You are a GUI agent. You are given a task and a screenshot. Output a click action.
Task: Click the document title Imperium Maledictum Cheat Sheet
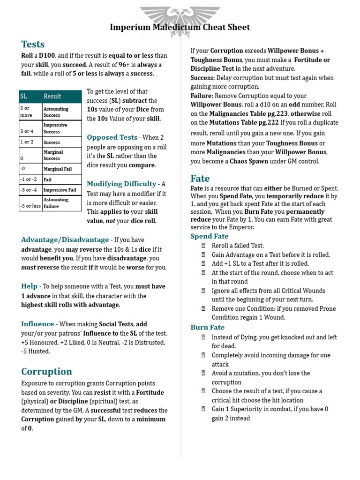(180, 27)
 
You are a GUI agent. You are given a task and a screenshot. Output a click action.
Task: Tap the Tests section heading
(33, 45)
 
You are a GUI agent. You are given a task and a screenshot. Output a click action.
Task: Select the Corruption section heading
(46, 371)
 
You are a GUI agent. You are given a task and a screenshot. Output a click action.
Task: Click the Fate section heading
(200, 179)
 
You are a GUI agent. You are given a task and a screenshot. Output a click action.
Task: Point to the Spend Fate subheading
(210, 236)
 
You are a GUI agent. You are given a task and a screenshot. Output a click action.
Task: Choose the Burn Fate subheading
(208, 327)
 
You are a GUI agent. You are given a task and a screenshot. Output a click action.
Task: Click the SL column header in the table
(24, 96)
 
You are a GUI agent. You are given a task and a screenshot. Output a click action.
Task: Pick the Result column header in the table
(52, 96)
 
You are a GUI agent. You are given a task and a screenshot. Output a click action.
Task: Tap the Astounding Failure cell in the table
(56, 202)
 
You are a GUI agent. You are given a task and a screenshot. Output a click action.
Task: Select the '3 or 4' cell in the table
(27, 131)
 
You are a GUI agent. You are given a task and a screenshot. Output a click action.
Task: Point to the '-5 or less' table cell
(30, 206)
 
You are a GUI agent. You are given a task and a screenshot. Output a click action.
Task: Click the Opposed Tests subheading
(112, 137)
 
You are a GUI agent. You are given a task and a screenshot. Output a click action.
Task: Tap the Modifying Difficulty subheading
(121, 184)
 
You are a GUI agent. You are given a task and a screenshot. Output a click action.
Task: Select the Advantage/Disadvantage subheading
(65, 240)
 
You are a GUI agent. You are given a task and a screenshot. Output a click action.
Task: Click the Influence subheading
(37, 324)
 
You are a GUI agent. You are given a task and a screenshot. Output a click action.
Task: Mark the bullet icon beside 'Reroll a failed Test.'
(203, 246)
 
